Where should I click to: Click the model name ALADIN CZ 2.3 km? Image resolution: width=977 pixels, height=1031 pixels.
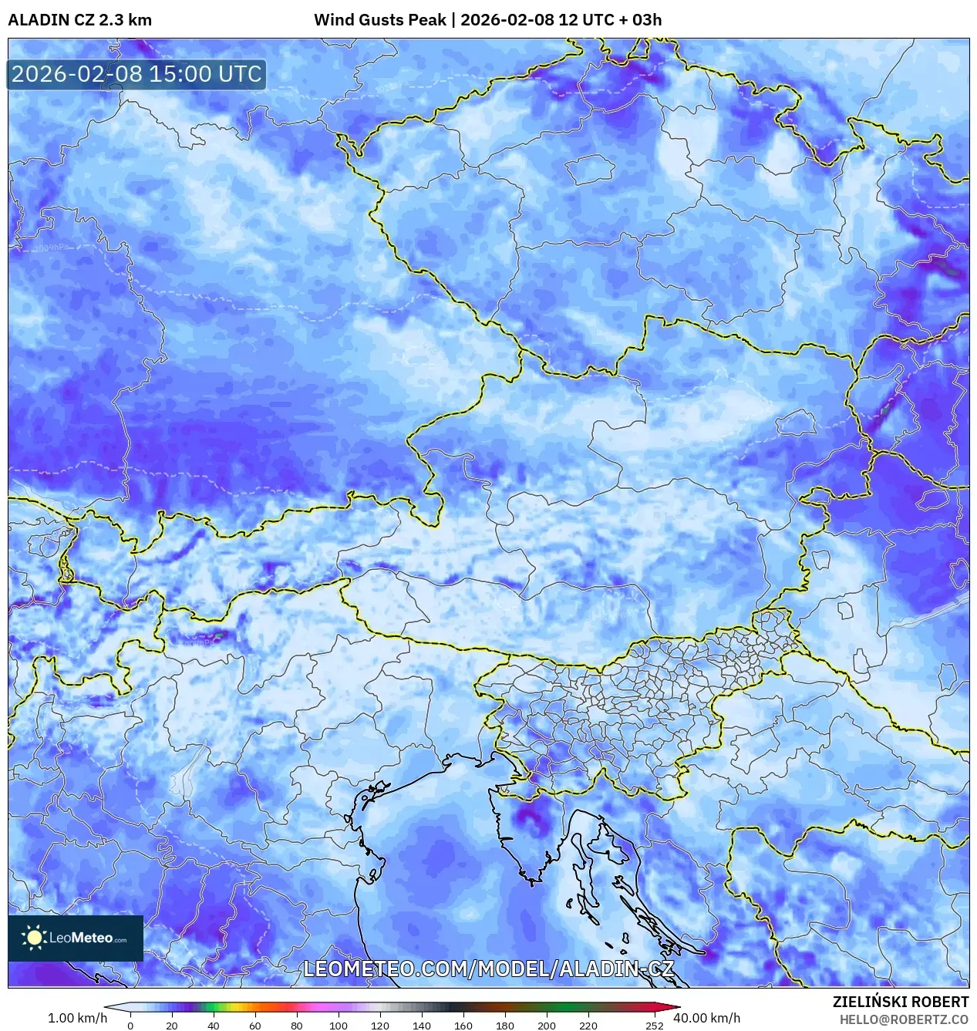(x=79, y=20)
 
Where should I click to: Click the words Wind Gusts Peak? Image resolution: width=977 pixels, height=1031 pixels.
(x=379, y=20)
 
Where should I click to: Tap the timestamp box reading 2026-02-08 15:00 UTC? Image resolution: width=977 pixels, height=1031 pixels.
(x=136, y=74)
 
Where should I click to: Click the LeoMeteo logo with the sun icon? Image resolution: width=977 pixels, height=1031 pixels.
(x=76, y=938)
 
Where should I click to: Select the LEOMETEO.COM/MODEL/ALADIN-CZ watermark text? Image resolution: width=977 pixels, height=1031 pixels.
(x=488, y=969)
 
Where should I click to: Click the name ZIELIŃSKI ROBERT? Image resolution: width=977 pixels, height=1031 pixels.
(x=900, y=1002)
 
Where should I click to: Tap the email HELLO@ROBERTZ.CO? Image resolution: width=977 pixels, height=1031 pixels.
(x=904, y=1019)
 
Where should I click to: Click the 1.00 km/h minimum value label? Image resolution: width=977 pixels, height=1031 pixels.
(x=77, y=1018)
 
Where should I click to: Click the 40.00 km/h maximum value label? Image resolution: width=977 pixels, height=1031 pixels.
(x=706, y=1018)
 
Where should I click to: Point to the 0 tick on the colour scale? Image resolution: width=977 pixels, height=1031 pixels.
(x=130, y=1026)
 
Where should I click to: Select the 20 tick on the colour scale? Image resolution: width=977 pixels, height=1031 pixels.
(x=171, y=1026)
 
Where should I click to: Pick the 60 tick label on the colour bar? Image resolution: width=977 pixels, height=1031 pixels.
(x=254, y=1026)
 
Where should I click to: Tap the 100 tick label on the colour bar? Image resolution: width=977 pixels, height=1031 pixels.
(x=338, y=1026)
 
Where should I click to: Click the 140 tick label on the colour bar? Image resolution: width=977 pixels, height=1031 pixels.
(x=421, y=1026)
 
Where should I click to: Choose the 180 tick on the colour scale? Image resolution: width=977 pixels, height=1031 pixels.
(x=504, y=1026)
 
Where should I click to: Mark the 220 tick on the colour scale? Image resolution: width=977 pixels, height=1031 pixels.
(x=588, y=1026)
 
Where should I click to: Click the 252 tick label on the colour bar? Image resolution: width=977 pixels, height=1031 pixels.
(x=654, y=1026)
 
